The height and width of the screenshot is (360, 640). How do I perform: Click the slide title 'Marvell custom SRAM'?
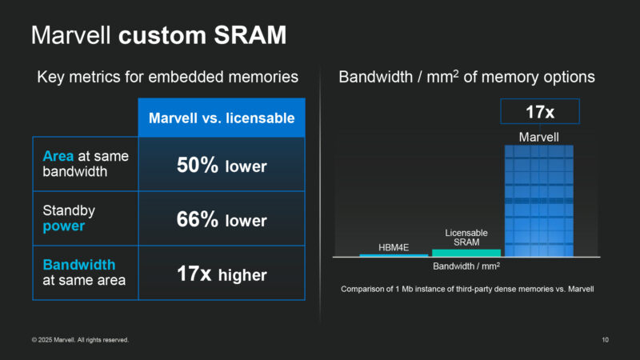point(158,36)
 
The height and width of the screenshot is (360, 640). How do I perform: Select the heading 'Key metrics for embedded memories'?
point(168,78)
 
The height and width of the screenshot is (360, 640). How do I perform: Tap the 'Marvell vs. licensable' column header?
point(222,118)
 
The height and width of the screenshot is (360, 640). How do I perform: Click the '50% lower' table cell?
point(222,165)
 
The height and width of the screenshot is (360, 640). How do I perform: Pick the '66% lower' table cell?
point(222,219)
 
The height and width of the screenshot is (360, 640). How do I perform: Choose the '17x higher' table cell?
point(222,274)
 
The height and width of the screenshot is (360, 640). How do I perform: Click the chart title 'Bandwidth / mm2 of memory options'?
point(466,78)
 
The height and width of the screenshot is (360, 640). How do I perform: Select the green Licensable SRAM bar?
point(466,253)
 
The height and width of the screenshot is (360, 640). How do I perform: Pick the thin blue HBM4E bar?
point(393,255)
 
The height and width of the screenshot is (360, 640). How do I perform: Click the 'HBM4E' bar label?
point(393,247)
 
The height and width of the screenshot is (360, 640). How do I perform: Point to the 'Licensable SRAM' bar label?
point(466,238)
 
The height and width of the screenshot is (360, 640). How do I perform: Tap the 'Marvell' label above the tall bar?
point(539,138)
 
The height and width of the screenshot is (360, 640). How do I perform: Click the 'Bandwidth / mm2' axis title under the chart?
point(466,266)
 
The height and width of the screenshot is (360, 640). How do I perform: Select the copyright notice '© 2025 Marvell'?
point(80,340)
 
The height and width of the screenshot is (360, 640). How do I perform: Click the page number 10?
point(605,340)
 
